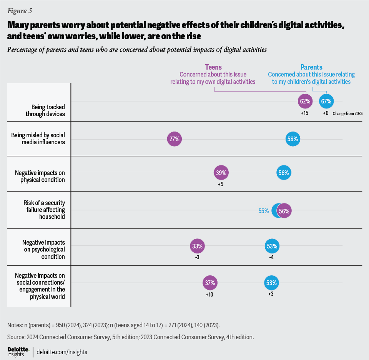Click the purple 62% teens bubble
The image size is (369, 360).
coord(305,102)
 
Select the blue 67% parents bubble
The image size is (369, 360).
coord(326,102)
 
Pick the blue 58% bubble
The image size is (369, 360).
coord(293,139)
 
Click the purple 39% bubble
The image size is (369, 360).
coord(221,173)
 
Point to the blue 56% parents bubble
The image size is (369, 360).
coord(284,173)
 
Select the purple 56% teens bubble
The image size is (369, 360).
coord(284,211)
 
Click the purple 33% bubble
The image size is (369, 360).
coord(198,246)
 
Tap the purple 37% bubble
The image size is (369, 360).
coord(210,283)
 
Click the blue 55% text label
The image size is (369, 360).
coord(263,211)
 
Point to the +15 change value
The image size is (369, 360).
coord(305,114)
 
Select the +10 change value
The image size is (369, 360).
coord(210,295)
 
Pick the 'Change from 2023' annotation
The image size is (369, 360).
coord(347,114)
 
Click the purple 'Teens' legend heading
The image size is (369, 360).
coord(213,67)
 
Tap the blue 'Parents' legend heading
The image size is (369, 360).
coord(311,67)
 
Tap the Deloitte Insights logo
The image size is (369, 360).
coord(18,352)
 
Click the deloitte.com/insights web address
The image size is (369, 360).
coord(63,352)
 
